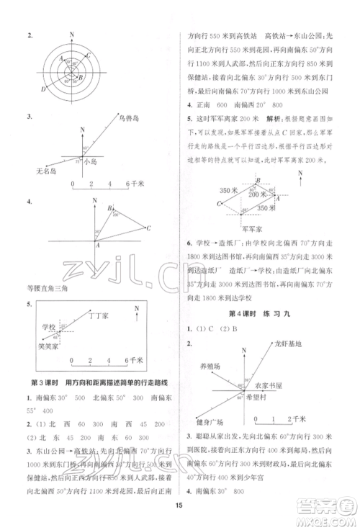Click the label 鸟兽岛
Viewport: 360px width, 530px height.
pyautogui.click(x=130, y=120)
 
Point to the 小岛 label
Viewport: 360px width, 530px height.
pyautogui.click(x=90, y=163)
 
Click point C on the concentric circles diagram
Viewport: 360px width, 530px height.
pyautogui.click(x=86, y=55)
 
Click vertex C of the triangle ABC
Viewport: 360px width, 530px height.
pyautogui.click(x=147, y=228)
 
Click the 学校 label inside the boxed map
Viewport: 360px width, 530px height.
pyautogui.click(x=49, y=327)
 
